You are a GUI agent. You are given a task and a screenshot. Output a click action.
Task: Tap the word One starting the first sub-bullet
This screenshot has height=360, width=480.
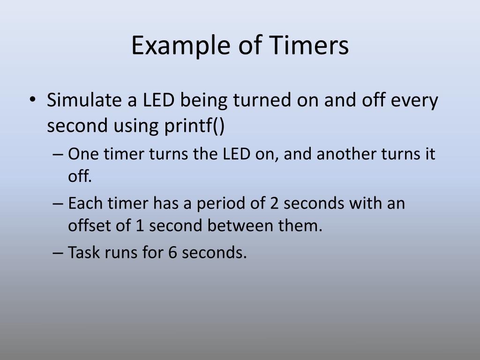(x=82, y=154)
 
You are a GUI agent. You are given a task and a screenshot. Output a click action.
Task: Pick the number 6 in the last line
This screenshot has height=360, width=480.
(x=172, y=253)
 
